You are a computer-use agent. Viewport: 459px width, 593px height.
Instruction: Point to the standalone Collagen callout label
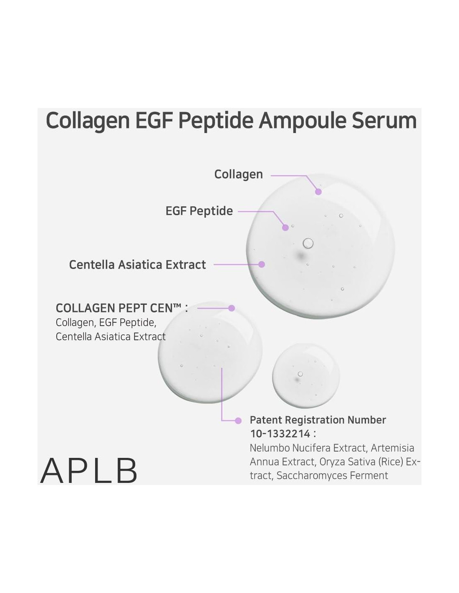[x=238, y=175]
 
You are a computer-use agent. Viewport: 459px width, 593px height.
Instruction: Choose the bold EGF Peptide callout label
[x=199, y=211]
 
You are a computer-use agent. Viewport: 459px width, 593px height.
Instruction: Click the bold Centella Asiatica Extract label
[x=137, y=265]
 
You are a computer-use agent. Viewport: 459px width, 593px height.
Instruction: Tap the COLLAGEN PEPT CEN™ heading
[x=122, y=308]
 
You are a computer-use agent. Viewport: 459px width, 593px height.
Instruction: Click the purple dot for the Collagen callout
[x=318, y=191]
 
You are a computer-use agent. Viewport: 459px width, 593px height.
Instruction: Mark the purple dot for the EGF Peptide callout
[x=285, y=227]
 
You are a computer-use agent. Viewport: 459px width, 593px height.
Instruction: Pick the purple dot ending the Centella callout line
[x=262, y=264]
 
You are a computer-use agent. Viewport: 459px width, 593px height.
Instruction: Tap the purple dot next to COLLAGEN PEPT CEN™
[x=232, y=308]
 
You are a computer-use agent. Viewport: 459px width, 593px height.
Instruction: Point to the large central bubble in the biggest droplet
[x=308, y=243]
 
